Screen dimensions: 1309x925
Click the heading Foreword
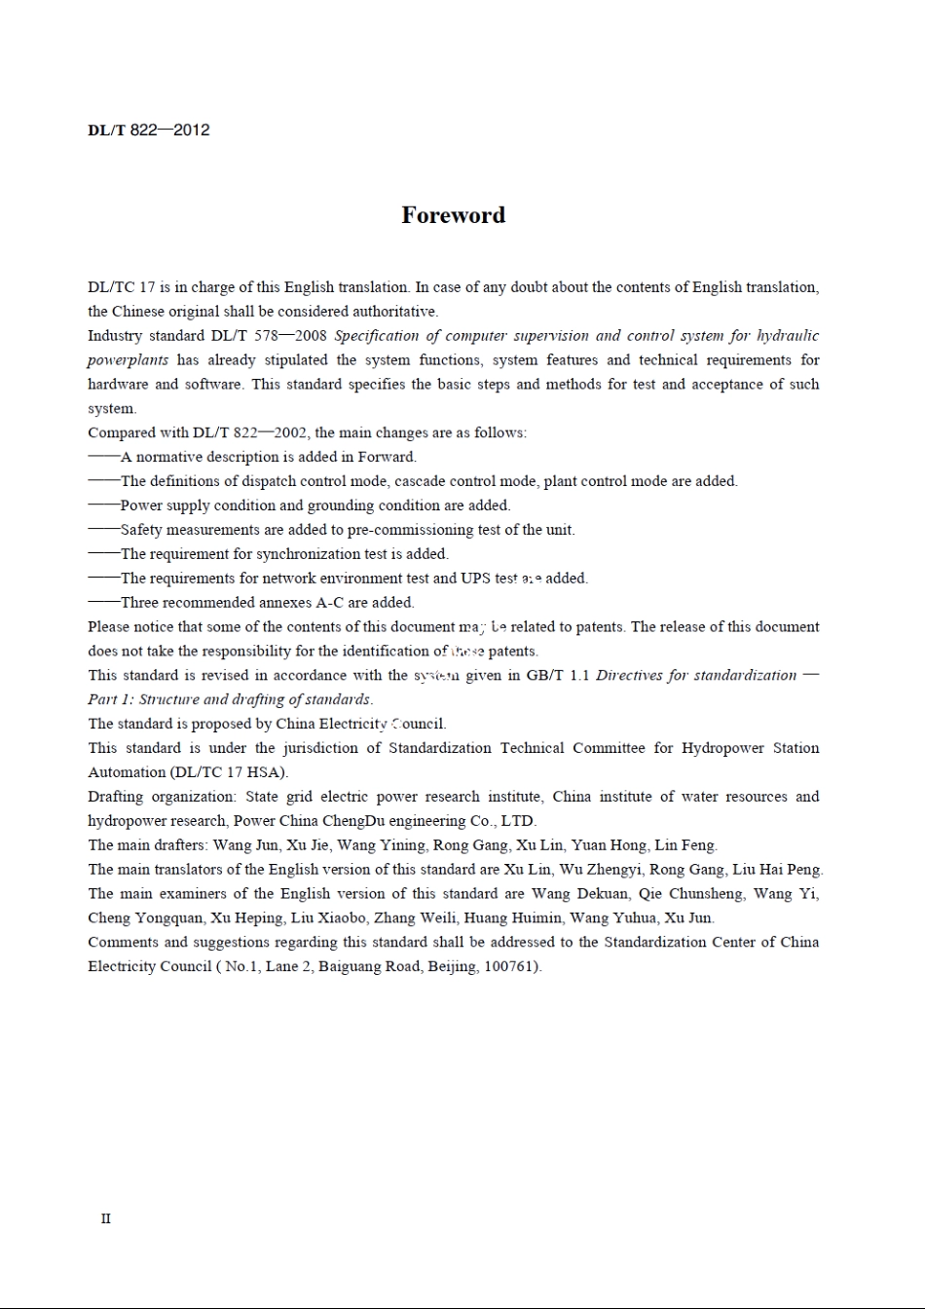coord(453,215)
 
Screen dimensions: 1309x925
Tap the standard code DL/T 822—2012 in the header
coord(148,131)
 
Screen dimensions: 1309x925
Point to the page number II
coord(105,1218)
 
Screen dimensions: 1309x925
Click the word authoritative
coord(391,312)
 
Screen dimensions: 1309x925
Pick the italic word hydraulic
coord(788,336)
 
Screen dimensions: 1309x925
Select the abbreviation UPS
coord(475,579)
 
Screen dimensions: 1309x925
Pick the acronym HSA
coord(269,772)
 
